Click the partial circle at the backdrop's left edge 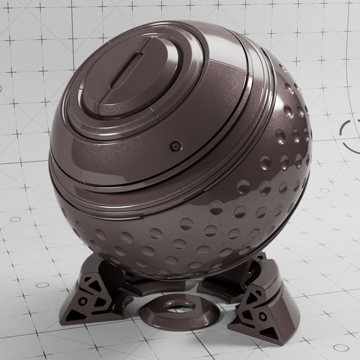click(x=1, y=89)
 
